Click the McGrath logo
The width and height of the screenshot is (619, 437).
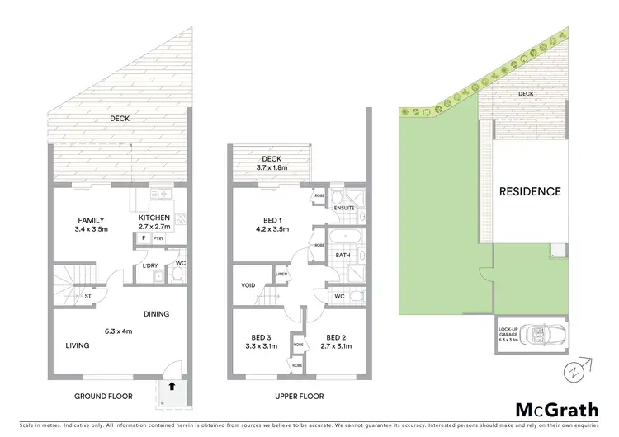pos(557,409)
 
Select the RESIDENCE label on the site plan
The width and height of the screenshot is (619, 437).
pos(530,191)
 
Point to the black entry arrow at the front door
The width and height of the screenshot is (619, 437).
pos(172,384)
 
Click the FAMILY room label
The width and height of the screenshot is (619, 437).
pos(91,221)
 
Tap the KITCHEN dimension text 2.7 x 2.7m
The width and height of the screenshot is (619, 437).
pos(154,227)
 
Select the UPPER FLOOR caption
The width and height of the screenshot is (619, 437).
pos(299,397)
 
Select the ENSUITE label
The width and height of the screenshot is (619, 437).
pos(344,208)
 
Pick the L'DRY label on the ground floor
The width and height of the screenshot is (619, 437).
pos(149,265)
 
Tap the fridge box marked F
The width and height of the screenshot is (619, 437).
pos(144,238)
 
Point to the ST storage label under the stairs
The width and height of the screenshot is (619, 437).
pos(87,294)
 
